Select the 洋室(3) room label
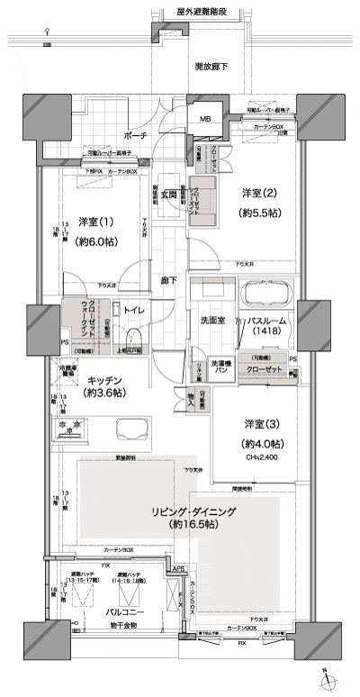262,424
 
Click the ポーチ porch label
137,135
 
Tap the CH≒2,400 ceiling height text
262,457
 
